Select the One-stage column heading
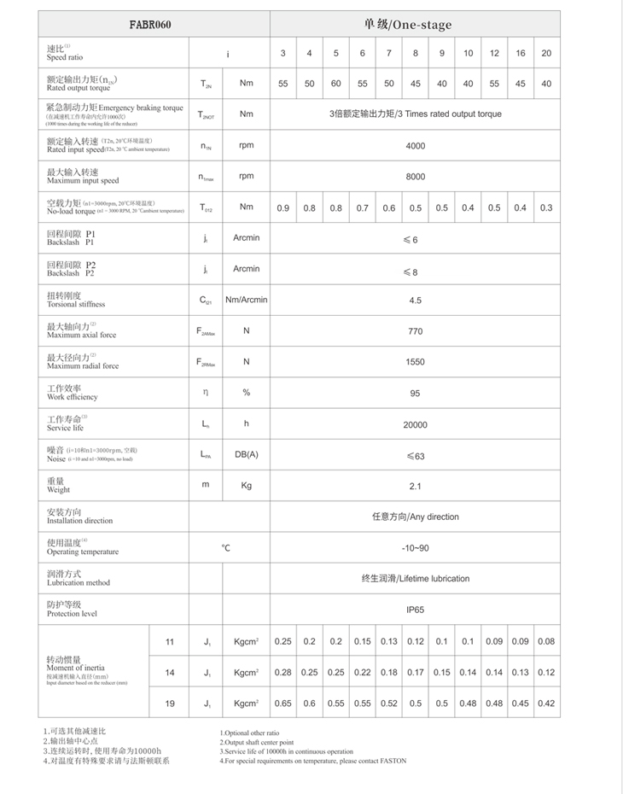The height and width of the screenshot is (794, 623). (x=415, y=25)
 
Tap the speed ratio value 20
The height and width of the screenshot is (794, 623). (x=546, y=54)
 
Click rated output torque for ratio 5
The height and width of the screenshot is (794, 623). (x=335, y=84)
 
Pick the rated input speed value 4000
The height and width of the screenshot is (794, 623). (x=415, y=146)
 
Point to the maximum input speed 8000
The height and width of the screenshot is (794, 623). (x=415, y=177)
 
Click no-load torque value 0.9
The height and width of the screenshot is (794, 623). (x=283, y=207)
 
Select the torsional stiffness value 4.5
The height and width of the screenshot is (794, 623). (x=415, y=301)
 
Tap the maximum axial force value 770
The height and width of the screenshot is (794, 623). (x=415, y=331)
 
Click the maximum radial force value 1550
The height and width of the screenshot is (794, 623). (x=415, y=362)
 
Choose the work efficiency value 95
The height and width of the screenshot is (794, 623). (x=415, y=393)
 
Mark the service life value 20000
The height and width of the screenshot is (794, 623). (x=415, y=424)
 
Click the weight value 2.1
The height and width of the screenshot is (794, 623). (x=415, y=486)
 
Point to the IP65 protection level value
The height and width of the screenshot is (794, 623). (x=415, y=610)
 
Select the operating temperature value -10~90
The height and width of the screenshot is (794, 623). (x=415, y=547)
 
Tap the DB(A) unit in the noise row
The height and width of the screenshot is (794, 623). (x=246, y=455)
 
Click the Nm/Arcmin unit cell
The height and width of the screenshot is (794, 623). (x=246, y=301)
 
